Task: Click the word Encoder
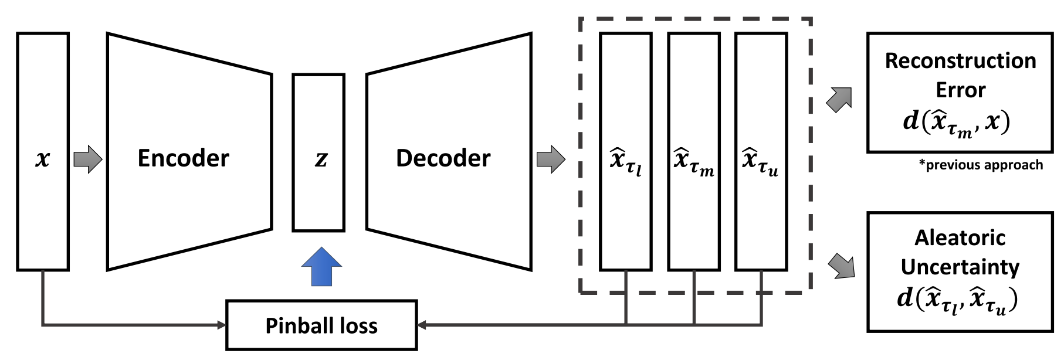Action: [183, 158]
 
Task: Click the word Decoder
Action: [443, 158]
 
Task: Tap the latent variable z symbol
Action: [321, 158]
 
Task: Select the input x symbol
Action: [43, 158]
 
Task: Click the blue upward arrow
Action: [321, 267]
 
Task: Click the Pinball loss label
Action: [321, 326]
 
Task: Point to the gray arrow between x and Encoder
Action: [88, 159]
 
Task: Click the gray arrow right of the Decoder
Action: [551, 159]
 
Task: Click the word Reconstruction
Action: [960, 61]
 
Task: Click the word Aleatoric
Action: [960, 237]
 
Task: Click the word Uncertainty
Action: [960, 267]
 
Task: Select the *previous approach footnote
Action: [981, 165]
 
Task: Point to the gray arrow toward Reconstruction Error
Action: [839, 100]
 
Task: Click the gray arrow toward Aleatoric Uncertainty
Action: [841, 266]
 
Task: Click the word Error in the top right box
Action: [960, 90]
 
